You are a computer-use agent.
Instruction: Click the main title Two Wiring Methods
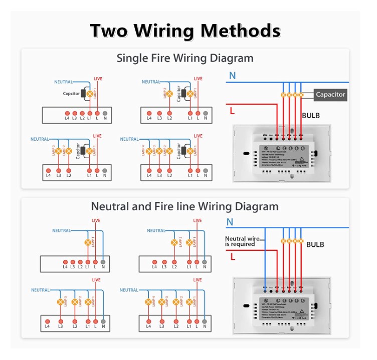tap(185, 31)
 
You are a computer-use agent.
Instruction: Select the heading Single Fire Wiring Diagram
tap(184, 58)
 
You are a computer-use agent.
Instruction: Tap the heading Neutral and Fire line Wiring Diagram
tap(184, 206)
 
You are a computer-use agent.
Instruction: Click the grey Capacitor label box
tap(330, 94)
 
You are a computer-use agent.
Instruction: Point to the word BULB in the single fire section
tap(310, 116)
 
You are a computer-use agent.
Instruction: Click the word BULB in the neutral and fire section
tap(315, 245)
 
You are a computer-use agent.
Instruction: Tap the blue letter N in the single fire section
tap(232, 76)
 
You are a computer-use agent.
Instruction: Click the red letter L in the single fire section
tap(232, 110)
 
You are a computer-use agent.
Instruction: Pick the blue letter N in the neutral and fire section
tap(230, 222)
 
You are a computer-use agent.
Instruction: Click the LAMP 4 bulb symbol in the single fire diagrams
tap(149, 150)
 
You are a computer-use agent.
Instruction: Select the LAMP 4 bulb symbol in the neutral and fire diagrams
tap(149, 302)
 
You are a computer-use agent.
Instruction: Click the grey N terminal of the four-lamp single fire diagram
tap(205, 170)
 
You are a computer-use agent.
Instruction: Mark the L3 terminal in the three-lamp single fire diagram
tap(59, 170)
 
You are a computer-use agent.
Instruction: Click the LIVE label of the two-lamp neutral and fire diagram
tap(198, 221)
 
